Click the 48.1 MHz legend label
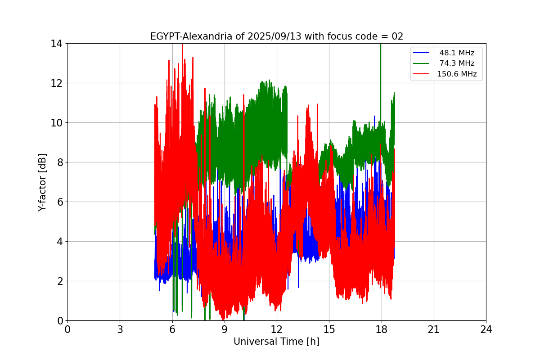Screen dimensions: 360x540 [x=457, y=53]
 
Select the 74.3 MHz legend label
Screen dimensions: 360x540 [x=457, y=63]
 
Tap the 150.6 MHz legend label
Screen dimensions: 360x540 [x=457, y=74]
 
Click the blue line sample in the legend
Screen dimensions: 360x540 [x=421, y=53]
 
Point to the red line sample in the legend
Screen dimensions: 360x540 [x=421, y=74]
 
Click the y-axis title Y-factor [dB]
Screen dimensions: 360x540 [x=42, y=182]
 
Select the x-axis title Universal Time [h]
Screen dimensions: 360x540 [x=276, y=342]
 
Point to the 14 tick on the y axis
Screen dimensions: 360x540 [x=56, y=44]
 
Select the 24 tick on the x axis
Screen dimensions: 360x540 [x=486, y=330]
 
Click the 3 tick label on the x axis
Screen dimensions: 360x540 [x=120, y=330]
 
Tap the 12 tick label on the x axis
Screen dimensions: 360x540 [x=277, y=330]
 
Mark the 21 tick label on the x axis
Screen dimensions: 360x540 [x=434, y=330]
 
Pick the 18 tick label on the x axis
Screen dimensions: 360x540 [x=382, y=330]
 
